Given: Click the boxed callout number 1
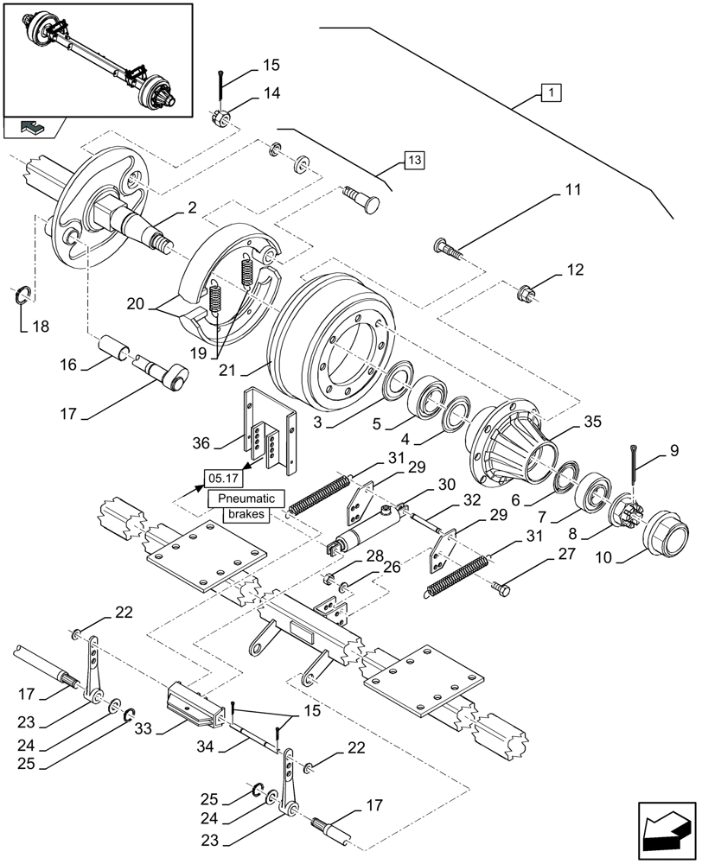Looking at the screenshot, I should click(550, 91).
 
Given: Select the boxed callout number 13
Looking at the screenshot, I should click(414, 161).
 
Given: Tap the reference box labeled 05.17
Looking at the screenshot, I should click(222, 477).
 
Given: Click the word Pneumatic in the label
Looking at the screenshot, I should click(246, 499).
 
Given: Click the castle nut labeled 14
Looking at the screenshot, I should click(220, 116).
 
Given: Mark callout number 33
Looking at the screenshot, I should click(144, 728).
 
